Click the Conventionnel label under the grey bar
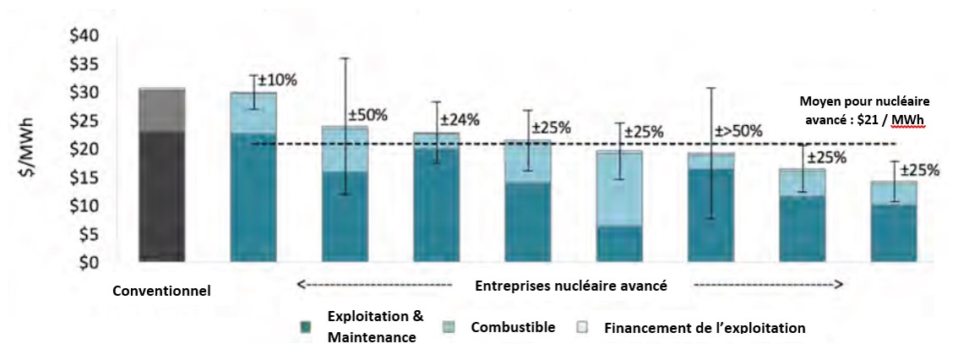(161, 292)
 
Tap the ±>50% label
(738, 131)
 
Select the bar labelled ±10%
(253, 177)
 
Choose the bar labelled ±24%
(436, 199)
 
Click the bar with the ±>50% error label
(711, 207)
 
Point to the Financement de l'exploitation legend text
(705, 327)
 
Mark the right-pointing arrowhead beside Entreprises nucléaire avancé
(838, 286)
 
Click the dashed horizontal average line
(507, 144)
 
